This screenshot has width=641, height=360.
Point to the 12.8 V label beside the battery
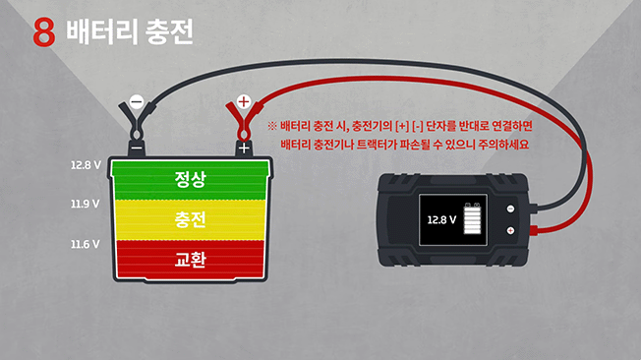86,165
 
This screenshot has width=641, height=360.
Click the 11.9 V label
86,204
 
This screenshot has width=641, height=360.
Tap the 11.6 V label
86,243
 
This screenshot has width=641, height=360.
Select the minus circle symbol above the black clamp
137,101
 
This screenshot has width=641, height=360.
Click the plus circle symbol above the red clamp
244,100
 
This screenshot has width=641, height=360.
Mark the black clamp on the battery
137,128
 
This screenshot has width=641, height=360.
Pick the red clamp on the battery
241,128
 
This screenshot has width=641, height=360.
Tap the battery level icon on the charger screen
475,219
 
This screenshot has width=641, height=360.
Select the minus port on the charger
510,209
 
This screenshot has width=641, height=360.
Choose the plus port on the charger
510,230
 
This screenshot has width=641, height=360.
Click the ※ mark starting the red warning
271,127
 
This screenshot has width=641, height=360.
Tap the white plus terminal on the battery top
243,149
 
